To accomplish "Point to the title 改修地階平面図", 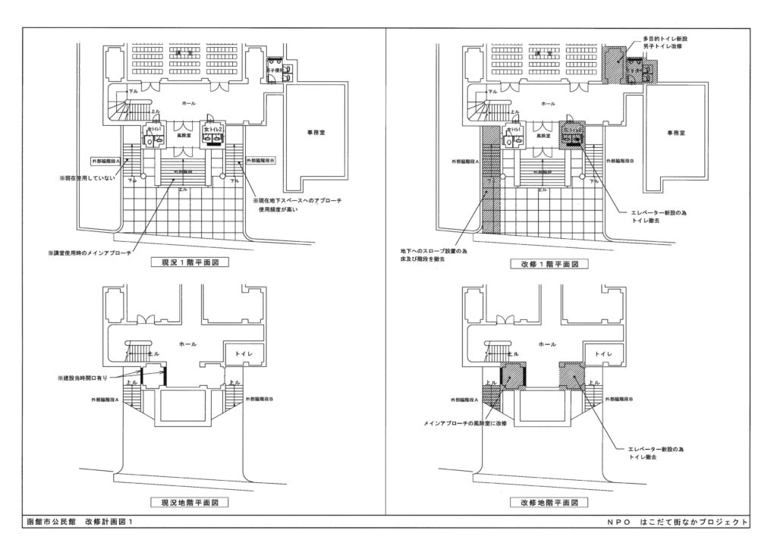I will click(x=546, y=502).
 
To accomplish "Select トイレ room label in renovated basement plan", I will click(x=603, y=353).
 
